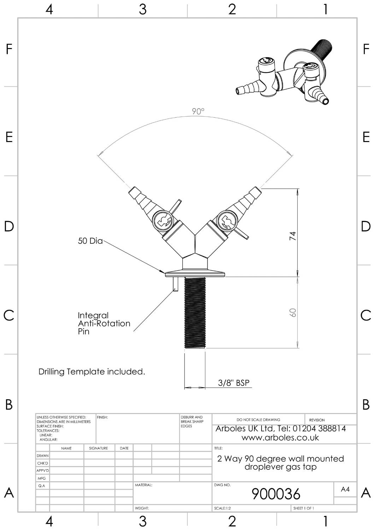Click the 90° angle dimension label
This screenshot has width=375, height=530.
[198, 112]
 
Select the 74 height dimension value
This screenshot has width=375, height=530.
[293, 236]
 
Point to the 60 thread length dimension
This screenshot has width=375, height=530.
[293, 312]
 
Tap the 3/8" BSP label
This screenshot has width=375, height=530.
[234, 383]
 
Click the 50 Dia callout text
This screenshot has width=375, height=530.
[90, 241]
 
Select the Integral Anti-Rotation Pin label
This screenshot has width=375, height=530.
[104, 323]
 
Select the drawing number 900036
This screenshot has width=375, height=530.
[276, 494]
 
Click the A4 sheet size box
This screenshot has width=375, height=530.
[345, 489]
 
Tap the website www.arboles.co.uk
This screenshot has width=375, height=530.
[280, 438]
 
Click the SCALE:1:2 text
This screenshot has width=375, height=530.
[222, 508]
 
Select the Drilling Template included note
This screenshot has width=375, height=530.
[92, 372]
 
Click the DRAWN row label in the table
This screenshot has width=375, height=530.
[42, 456]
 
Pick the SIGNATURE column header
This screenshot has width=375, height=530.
[98, 448]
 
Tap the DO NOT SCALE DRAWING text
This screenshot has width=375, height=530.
[258, 420]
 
